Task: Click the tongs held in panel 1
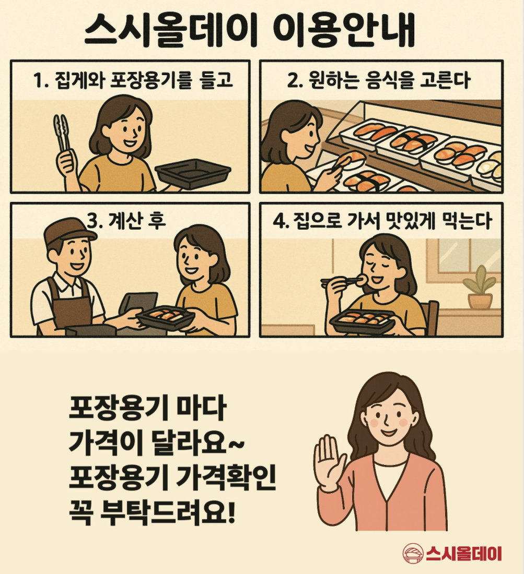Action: [62, 136]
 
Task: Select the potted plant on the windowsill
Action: [480, 288]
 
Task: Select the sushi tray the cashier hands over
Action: [166, 316]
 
